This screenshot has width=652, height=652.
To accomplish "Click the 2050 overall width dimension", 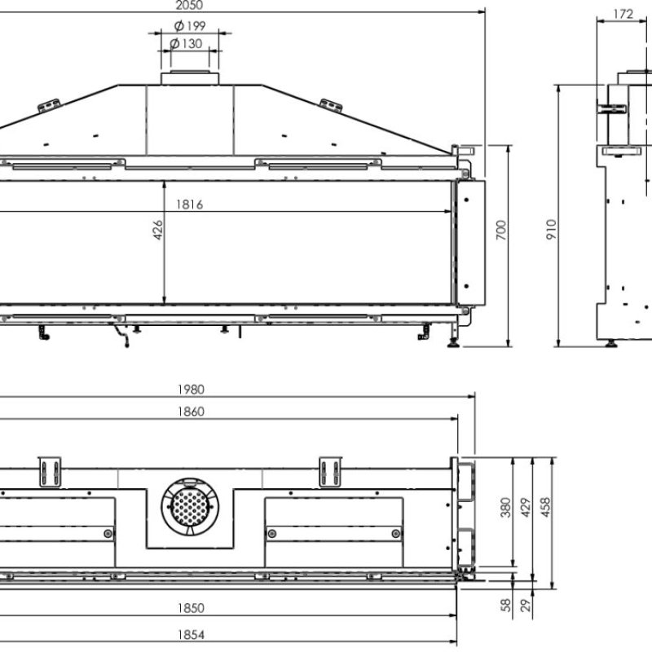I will (190, 5).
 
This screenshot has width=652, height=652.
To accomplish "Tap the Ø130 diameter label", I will (190, 43).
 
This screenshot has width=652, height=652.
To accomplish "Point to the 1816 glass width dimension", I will (188, 205).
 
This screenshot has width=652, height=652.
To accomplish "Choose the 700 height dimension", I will (501, 231).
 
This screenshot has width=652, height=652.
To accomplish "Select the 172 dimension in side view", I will (623, 13).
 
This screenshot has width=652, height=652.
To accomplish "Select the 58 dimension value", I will (505, 606).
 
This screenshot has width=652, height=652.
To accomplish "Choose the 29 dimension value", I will (526, 606).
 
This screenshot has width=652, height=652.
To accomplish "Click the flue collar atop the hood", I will (190, 78).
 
